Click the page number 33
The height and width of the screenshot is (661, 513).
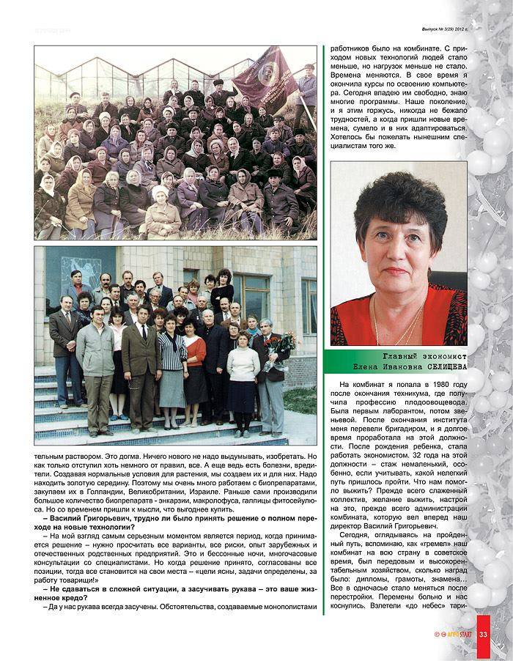click(484, 635)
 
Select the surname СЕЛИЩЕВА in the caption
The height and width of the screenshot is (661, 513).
click(439, 369)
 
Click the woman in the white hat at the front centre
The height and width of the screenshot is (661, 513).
click(161, 204)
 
